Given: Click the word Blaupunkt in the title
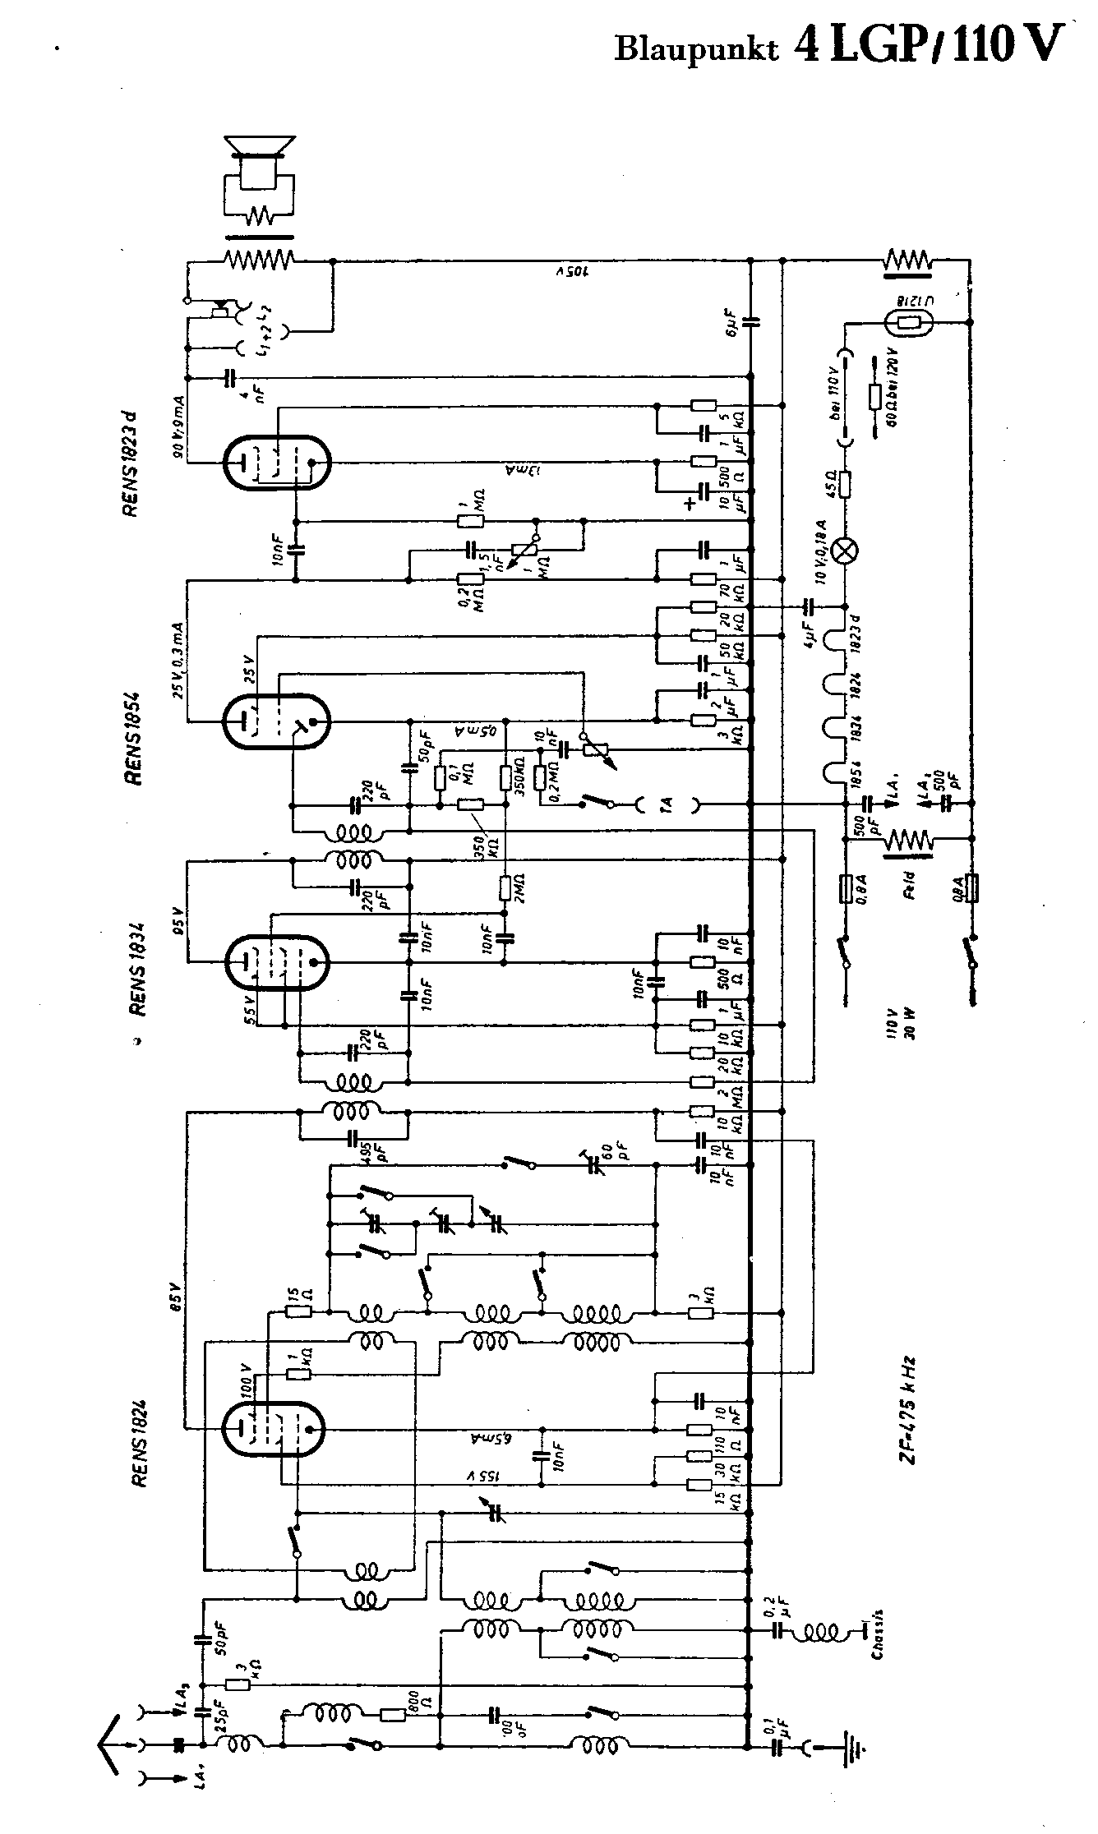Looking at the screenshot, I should click(696, 48).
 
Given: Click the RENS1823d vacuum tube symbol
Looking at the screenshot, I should click(277, 463).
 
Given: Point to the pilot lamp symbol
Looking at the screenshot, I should click(845, 551).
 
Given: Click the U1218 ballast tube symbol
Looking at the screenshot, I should click(908, 324).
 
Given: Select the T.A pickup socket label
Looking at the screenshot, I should click(668, 806).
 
